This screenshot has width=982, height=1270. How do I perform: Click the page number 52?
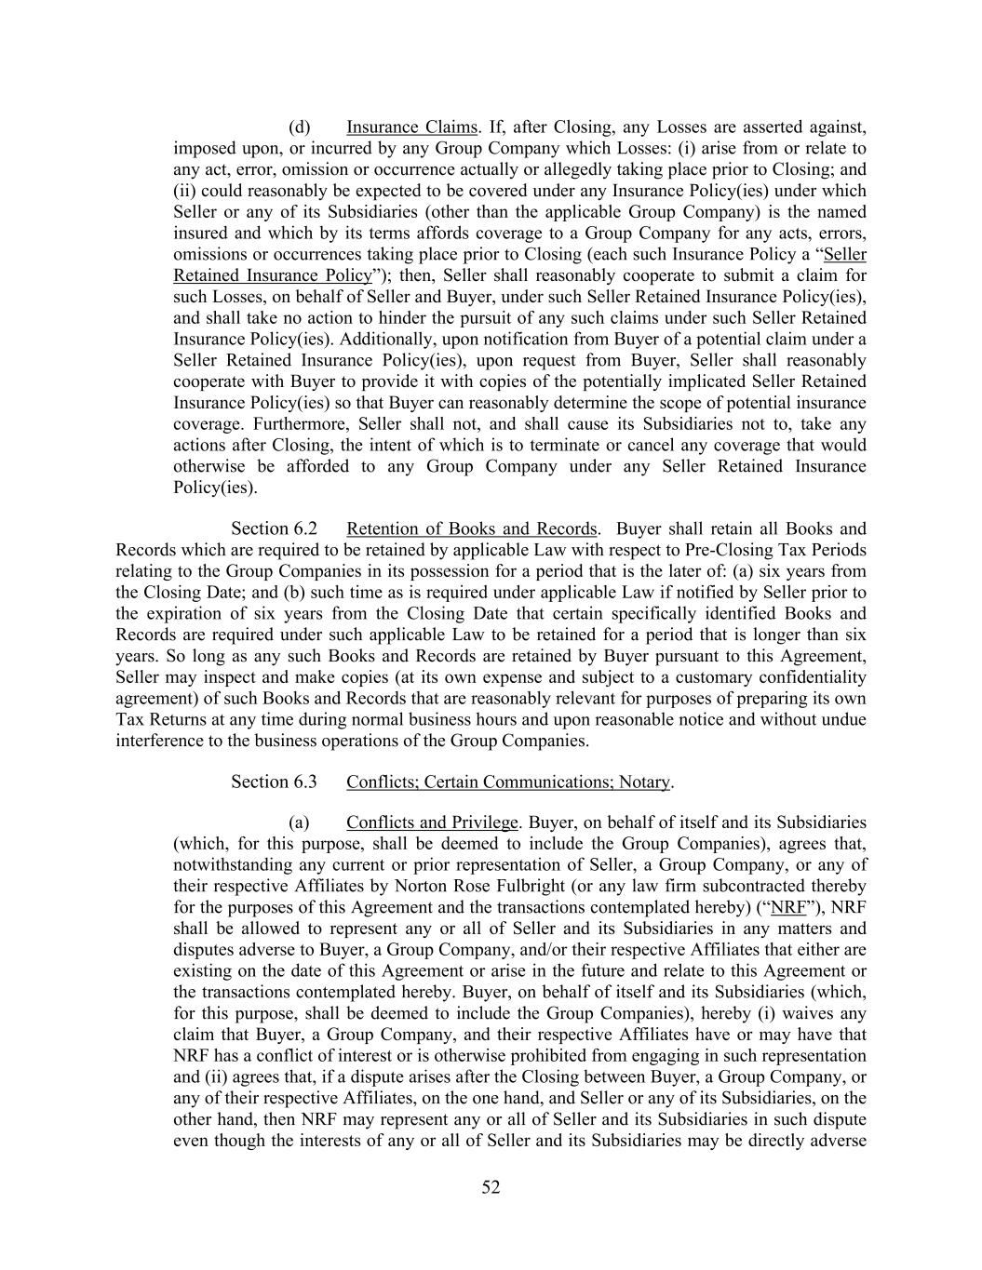tap(491, 1186)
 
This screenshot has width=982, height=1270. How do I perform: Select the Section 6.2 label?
tap(274, 528)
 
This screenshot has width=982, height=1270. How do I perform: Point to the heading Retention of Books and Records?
tap(472, 528)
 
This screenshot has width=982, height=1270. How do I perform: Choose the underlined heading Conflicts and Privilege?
tap(432, 822)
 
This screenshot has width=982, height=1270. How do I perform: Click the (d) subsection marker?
tap(299, 127)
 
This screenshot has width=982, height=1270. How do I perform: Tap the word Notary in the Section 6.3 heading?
tap(644, 781)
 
